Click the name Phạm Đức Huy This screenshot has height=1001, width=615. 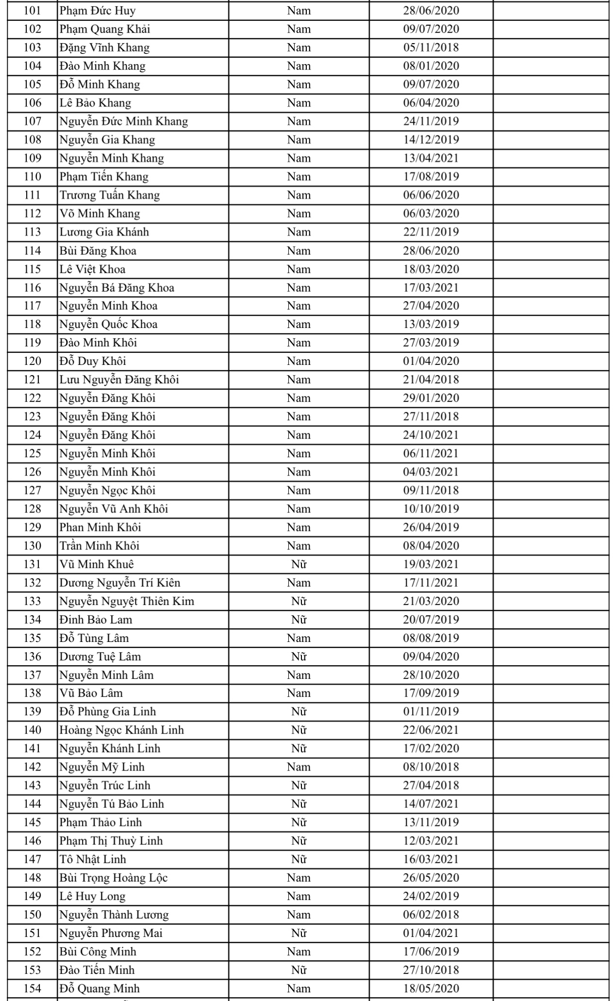pyautogui.click(x=98, y=11)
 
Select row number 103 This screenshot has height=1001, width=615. pyautogui.click(x=32, y=48)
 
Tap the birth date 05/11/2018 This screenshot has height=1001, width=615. pyautogui.click(x=431, y=48)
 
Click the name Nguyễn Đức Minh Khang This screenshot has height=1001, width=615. pyautogui.click(x=124, y=121)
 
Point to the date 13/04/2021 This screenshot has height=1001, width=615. pyautogui.click(x=431, y=158)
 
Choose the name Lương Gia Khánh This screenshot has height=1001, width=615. pyautogui.click(x=104, y=232)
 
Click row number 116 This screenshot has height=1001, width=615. pyautogui.click(x=32, y=288)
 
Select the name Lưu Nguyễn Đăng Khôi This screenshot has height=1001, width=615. pyautogui.click(x=119, y=379)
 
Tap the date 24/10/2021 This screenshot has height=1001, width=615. pyautogui.click(x=431, y=435)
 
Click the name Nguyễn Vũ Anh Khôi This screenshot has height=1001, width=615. pyautogui.click(x=114, y=509)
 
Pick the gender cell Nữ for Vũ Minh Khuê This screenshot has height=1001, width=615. pyautogui.click(x=299, y=564)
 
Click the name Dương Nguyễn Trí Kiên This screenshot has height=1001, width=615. pyautogui.click(x=120, y=583)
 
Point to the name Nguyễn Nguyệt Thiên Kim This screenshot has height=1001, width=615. pyautogui.click(x=127, y=601)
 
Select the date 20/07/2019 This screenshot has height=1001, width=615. pyautogui.click(x=431, y=620)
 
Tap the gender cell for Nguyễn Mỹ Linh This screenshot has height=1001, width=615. pyautogui.click(x=299, y=767)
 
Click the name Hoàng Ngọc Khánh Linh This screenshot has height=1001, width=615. pyautogui.click(x=122, y=730)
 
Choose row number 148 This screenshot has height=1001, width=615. pyautogui.click(x=32, y=878)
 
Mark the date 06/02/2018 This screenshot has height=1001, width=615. pyautogui.click(x=431, y=915)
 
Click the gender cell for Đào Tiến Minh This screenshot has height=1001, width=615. pyautogui.click(x=299, y=970)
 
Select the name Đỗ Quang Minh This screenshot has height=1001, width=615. pyautogui.click(x=100, y=988)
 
